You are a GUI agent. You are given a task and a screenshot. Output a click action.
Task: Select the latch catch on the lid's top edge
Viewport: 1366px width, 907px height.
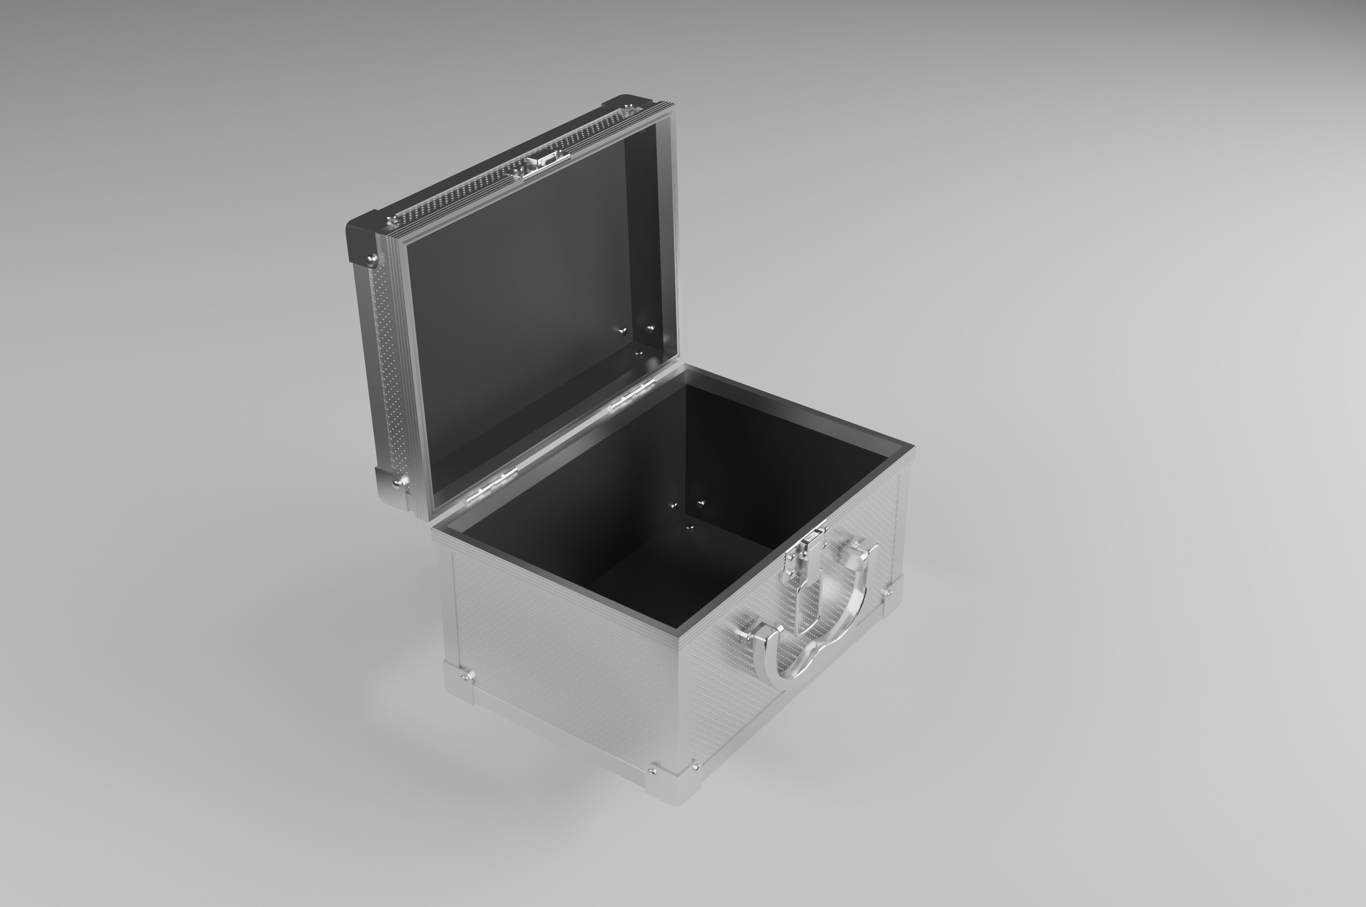pos(541,162)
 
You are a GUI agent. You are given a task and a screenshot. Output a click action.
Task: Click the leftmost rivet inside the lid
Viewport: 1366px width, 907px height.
pos(622,331)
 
